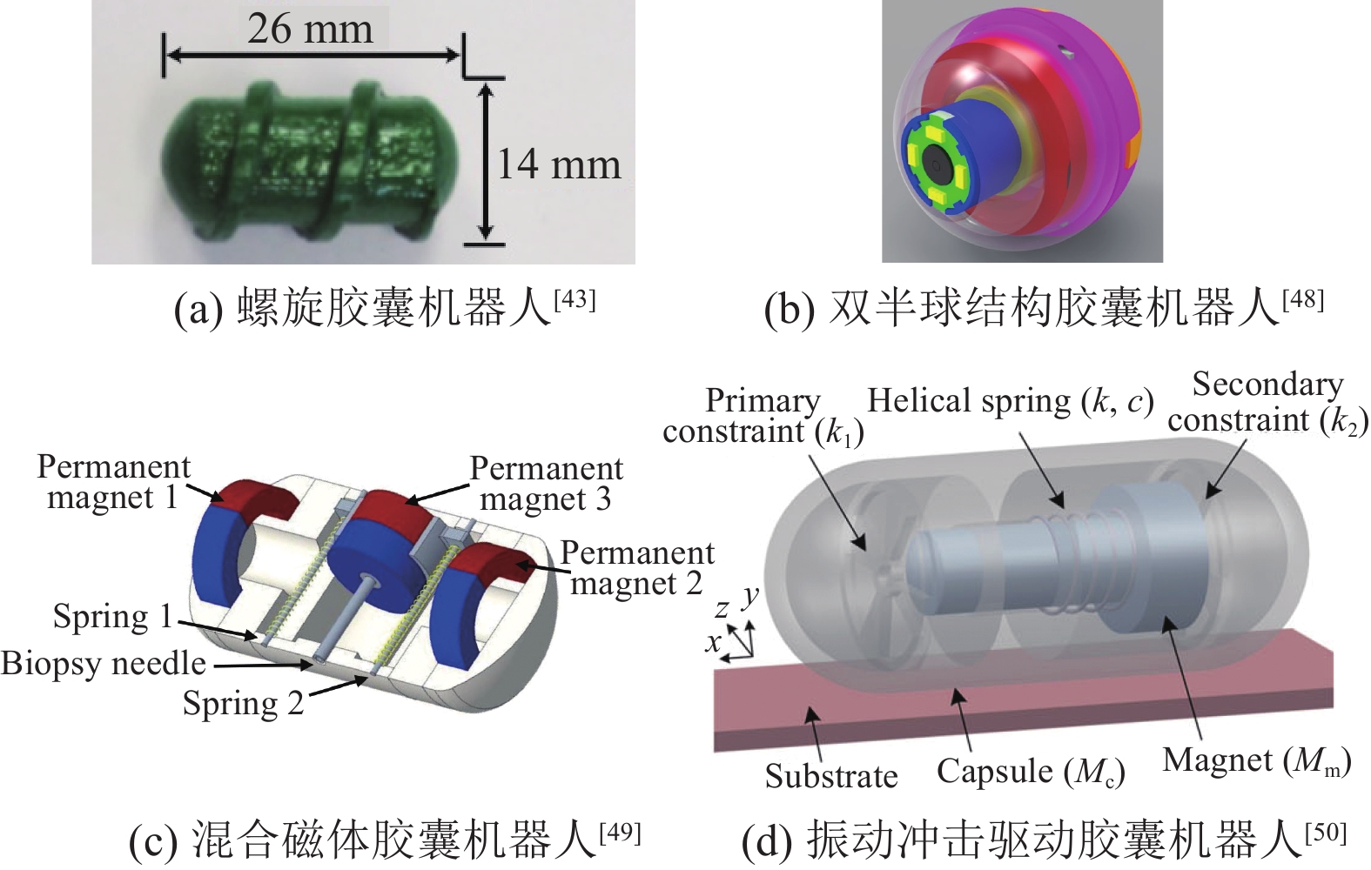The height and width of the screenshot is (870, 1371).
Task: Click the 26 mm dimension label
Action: coord(310,29)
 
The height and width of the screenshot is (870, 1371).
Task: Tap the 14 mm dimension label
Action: coord(559,164)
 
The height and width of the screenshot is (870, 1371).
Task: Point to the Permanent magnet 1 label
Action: coord(113,482)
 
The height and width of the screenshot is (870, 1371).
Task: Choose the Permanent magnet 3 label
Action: coord(546,484)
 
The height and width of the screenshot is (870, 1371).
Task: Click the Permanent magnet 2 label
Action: coord(636,567)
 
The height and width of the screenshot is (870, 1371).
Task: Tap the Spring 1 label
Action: coord(113,616)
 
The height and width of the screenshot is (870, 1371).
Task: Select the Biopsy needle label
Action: coord(104,663)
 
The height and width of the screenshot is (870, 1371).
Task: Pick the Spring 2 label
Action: coord(243,702)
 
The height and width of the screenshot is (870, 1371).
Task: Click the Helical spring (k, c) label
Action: coord(1011,401)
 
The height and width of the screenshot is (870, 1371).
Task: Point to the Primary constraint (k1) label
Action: coord(763,416)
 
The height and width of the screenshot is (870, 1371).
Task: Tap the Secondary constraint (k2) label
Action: coord(1267,402)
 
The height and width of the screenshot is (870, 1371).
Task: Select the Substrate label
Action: coord(831,775)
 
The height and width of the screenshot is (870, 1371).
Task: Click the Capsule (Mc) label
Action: coord(1031,772)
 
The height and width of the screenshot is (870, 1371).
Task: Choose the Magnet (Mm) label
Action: coord(1257,760)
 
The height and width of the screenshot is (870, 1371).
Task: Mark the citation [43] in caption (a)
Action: coord(575,299)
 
